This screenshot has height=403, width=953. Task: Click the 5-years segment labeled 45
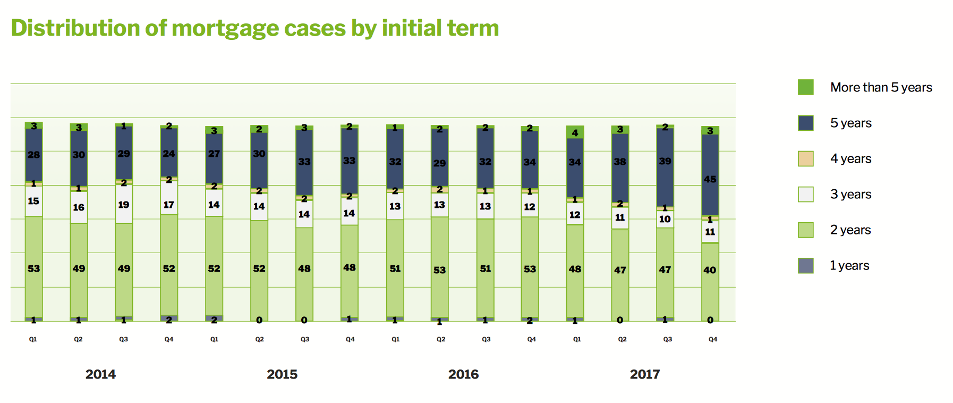[x=710, y=175]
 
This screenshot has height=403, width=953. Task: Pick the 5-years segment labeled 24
[x=169, y=153]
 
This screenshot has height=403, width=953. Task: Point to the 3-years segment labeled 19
[x=124, y=204]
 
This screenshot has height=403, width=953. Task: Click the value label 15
[x=33, y=201]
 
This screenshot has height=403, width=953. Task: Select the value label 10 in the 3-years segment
[x=665, y=219]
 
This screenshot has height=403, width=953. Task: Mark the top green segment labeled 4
[x=575, y=132]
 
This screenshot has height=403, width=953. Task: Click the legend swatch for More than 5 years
[x=805, y=87]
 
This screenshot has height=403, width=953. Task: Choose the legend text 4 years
[x=850, y=158]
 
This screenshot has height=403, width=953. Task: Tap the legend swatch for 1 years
[x=805, y=265]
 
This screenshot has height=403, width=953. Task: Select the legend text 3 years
[x=850, y=194]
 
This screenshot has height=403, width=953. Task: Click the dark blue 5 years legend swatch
[x=805, y=123]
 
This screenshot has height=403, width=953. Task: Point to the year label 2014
[x=100, y=374]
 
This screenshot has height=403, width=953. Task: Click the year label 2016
[x=463, y=374]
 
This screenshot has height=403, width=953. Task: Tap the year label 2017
[x=644, y=374]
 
